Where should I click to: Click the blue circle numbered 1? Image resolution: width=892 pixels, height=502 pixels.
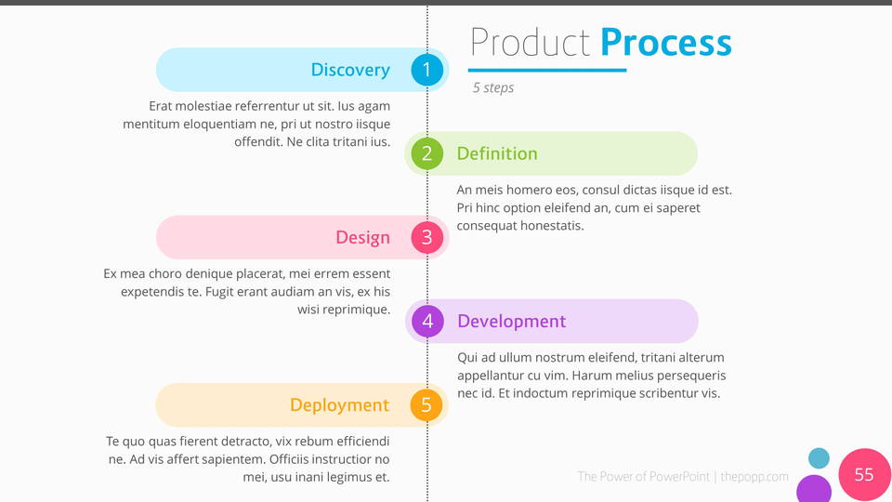tap(426, 70)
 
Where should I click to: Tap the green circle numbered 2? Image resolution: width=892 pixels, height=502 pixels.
tap(426, 153)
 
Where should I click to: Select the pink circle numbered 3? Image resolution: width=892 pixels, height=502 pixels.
tap(426, 237)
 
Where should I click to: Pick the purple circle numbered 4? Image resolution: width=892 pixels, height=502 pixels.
tap(427, 321)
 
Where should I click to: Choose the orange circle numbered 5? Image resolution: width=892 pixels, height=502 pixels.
tap(426, 404)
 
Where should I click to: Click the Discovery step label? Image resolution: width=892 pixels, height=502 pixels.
tap(350, 70)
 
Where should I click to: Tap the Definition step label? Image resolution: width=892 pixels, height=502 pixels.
tap(497, 153)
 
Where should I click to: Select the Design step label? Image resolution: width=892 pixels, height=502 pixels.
tap(362, 237)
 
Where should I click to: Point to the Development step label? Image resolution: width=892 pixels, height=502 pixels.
tap(511, 321)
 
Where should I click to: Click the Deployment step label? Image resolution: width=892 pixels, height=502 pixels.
tap(340, 404)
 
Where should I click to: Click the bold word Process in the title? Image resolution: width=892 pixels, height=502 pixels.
tap(666, 42)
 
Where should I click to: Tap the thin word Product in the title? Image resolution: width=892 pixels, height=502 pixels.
tap(531, 42)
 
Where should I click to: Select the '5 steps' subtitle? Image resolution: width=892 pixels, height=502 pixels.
tap(493, 87)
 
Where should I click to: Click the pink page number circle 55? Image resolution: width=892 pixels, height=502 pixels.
tap(865, 474)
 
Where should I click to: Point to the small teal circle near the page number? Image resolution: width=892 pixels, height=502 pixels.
tap(819, 458)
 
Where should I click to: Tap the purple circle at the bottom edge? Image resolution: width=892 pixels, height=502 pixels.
tap(814, 489)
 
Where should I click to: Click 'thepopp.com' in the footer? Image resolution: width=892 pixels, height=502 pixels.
tap(754, 476)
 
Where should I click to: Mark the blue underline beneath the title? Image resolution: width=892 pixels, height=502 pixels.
tap(547, 70)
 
